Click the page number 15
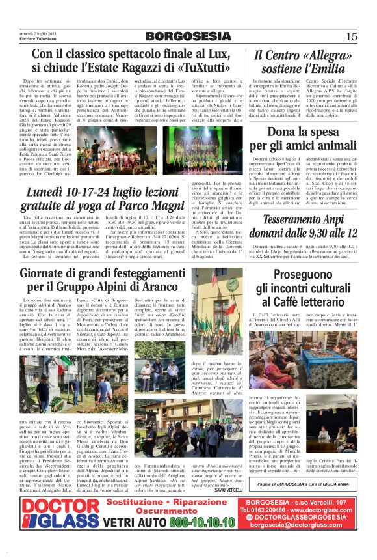[352, 36]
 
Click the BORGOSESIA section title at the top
[188, 35]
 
